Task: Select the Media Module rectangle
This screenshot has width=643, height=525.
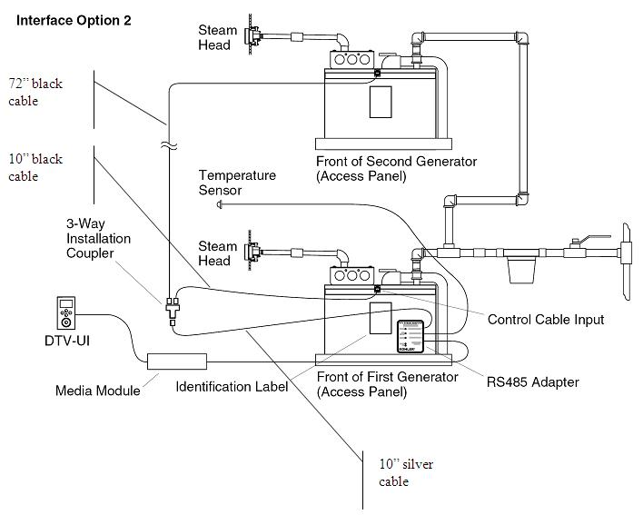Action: tap(177, 361)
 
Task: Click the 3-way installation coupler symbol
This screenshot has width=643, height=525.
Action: tap(171, 305)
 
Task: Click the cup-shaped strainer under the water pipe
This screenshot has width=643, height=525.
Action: tap(520, 270)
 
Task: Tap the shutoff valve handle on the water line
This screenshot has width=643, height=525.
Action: tap(578, 240)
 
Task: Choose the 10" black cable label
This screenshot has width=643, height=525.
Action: tap(35, 168)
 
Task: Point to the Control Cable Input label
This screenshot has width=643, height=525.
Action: tap(545, 320)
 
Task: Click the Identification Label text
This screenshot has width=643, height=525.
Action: tap(231, 386)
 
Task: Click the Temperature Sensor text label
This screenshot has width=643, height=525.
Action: tap(237, 183)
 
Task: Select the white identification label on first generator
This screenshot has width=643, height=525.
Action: tap(380, 319)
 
